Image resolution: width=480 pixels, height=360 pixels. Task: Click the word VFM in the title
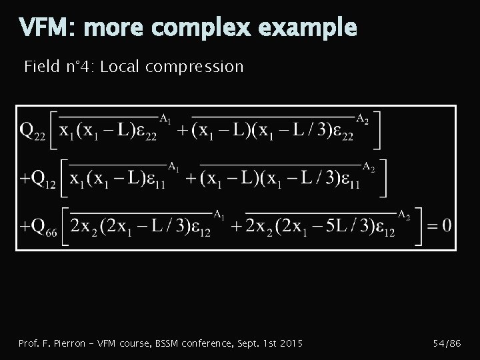click(x=42, y=27)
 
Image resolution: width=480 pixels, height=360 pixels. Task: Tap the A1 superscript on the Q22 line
click(x=165, y=118)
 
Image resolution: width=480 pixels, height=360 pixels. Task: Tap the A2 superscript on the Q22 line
click(x=363, y=119)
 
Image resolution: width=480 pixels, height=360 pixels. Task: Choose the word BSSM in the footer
click(x=169, y=343)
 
